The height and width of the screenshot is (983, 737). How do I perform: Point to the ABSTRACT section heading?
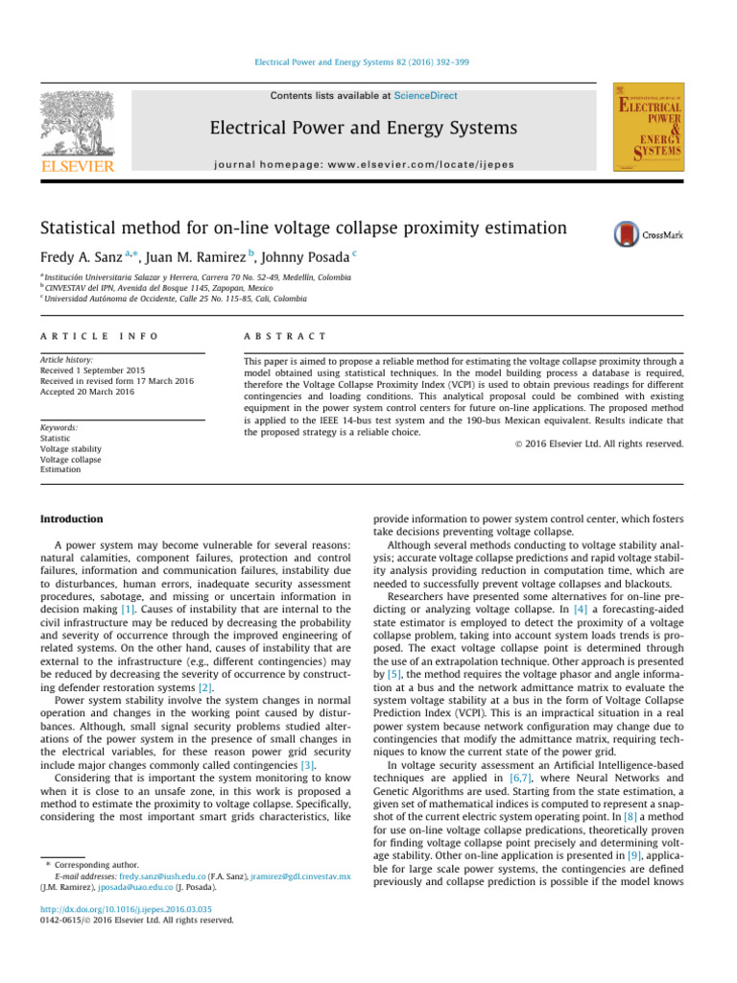(x=285, y=337)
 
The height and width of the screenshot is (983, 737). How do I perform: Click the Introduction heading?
(x=71, y=519)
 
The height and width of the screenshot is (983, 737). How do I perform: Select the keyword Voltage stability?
(x=71, y=448)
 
